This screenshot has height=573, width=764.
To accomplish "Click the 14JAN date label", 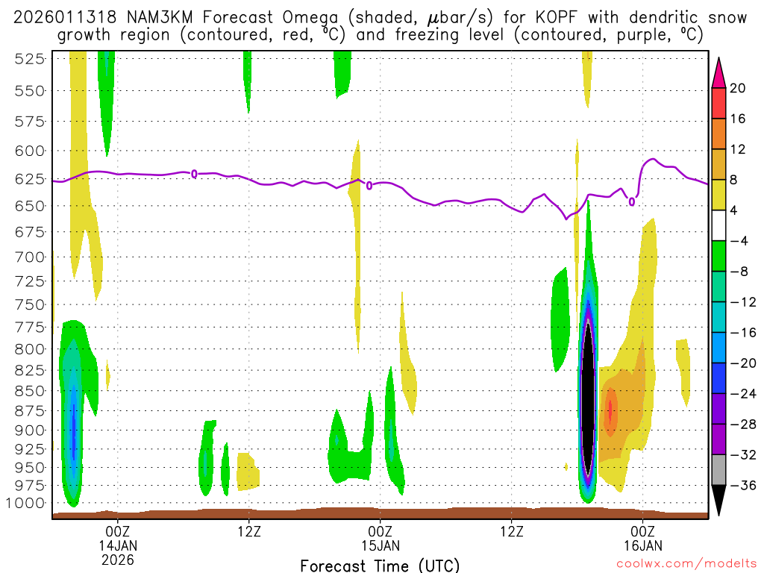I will click(x=117, y=545).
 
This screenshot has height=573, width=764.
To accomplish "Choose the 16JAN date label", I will click(x=642, y=545).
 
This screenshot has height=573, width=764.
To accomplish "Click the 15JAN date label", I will click(x=380, y=545).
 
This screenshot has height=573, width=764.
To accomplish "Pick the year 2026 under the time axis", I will click(x=117, y=559).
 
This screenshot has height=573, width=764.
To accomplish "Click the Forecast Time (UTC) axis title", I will click(x=380, y=565).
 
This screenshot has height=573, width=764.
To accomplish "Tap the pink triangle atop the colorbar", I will click(x=718, y=72).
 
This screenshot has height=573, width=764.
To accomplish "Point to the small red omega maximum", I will click(x=610, y=409).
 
